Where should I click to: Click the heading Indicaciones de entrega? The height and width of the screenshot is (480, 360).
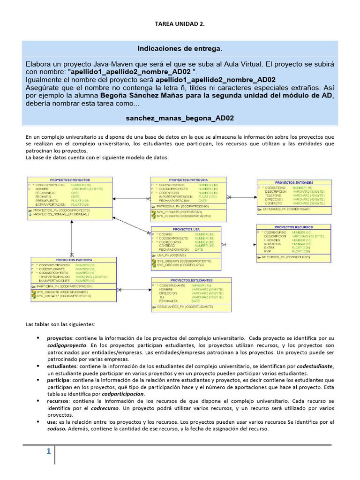[180, 49]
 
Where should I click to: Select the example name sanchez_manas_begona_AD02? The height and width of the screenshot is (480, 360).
[180, 119]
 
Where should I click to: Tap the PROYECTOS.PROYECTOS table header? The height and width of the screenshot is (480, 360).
[70, 180]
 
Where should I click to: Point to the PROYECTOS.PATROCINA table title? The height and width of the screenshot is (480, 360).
[188, 180]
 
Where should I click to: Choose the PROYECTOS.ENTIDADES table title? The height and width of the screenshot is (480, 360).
[294, 182]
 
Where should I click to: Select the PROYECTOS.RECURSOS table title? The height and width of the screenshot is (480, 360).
[294, 227]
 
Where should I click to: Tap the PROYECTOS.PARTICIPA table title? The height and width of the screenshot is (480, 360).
[73, 260]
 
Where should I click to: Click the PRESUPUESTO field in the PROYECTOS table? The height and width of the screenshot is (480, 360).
[46, 201]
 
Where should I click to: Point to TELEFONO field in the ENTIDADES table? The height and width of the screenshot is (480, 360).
[276, 195]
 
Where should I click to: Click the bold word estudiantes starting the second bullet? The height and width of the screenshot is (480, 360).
[61, 366]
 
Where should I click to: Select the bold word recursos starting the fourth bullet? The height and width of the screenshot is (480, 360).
[59, 401]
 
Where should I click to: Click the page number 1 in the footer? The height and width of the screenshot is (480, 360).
[48, 452]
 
